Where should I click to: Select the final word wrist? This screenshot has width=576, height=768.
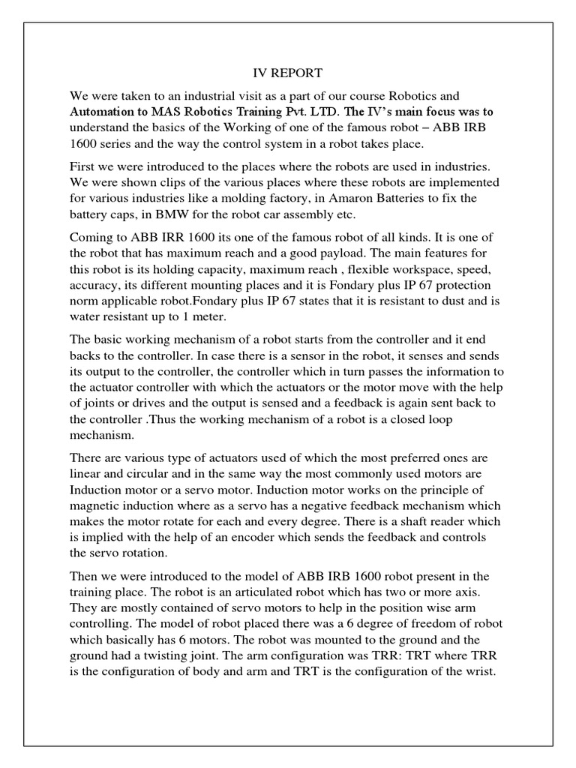[x=478, y=671]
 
